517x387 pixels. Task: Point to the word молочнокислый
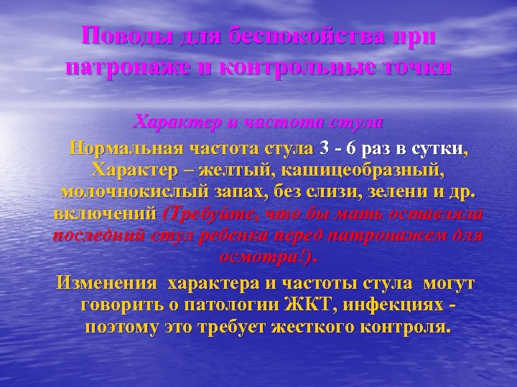[136, 193]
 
